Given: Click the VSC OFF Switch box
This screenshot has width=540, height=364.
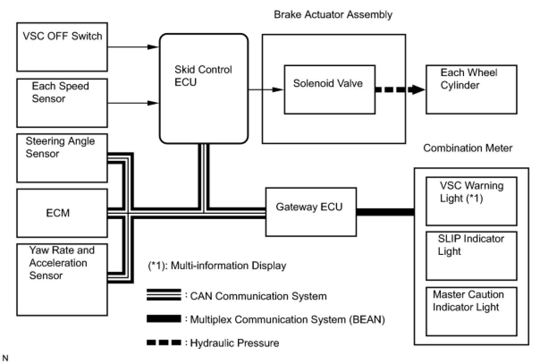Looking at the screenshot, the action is click(62, 47).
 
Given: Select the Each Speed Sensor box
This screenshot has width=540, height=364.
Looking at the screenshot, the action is click(62, 103).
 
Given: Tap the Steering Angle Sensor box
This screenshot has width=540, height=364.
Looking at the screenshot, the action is click(62, 158).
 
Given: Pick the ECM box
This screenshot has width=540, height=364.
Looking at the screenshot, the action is click(62, 213).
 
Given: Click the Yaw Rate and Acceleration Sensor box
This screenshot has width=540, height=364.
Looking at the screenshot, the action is click(62, 279).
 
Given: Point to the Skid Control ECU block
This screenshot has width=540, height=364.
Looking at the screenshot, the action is click(204, 89).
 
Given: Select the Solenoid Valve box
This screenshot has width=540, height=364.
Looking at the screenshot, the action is click(329, 89).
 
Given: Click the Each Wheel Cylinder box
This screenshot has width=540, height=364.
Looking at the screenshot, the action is click(471, 89).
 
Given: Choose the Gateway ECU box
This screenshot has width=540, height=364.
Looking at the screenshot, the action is click(311, 212).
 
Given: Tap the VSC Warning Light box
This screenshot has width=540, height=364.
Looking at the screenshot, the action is click(471, 201).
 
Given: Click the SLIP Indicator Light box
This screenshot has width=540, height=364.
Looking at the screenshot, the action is click(471, 256).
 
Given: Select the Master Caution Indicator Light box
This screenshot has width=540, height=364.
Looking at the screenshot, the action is click(471, 311).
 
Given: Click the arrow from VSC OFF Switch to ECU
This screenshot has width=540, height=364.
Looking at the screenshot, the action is click(133, 47).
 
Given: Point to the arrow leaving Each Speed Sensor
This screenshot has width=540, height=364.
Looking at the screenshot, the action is click(133, 103).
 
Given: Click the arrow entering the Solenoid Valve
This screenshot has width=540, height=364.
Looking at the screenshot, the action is click(266, 89).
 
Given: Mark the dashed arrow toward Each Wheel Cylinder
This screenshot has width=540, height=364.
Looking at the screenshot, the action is click(401, 89).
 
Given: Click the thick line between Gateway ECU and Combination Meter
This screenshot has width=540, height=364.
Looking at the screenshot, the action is click(385, 212).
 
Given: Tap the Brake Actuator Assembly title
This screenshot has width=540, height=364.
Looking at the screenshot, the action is click(333, 14).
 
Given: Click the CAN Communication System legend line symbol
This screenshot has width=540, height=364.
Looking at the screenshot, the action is click(164, 295).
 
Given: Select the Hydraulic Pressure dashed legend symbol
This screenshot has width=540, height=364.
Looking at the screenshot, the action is click(164, 343).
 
